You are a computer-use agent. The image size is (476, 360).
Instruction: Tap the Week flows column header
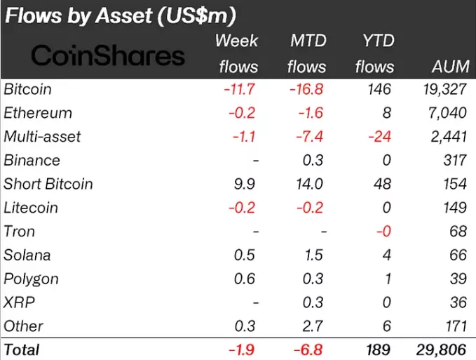(236, 53)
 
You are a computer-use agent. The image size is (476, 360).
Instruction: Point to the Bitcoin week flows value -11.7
(240, 90)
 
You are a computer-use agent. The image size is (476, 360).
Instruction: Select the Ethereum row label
(38, 113)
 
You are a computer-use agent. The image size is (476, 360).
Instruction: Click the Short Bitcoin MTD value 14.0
(311, 184)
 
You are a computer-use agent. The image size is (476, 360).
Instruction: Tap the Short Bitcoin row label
(48, 184)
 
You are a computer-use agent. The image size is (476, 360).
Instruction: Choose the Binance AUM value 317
(454, 161)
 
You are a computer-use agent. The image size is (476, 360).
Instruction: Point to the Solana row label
(27, 255)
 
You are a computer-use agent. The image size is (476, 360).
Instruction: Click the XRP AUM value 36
(457, 302)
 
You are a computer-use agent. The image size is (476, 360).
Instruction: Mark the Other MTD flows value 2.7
(314, 326)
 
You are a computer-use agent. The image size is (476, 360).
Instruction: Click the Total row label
(22, 349)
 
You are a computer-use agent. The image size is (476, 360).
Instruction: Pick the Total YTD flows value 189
(376, 349)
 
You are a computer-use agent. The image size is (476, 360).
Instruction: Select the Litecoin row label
(31, 208)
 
